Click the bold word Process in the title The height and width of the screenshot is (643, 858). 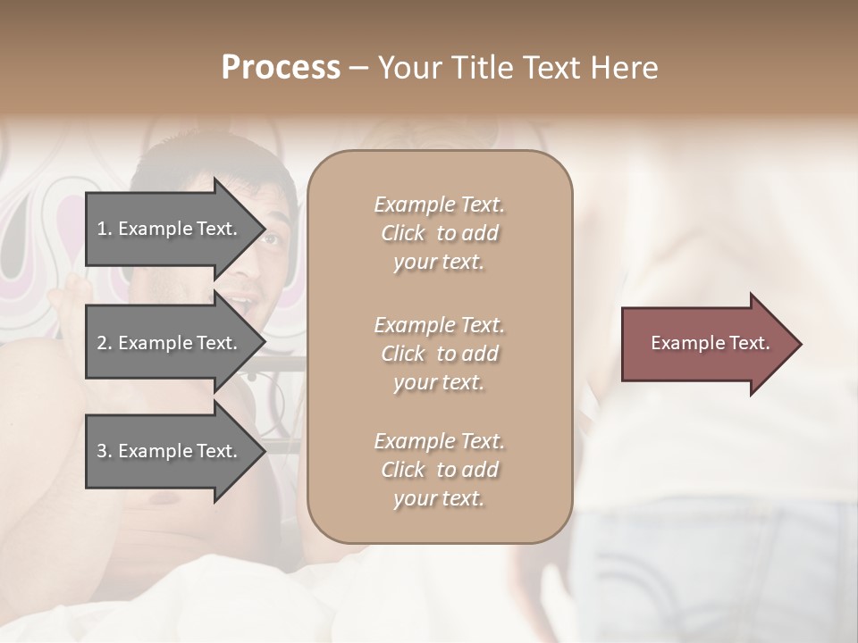tap(281, 68)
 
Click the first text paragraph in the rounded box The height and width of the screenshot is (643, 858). tap(439, 233)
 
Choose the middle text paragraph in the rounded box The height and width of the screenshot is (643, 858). tap(439, 353)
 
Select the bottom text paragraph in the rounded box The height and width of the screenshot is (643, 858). tap(439, 469)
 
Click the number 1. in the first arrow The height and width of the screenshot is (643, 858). tap(105, 229)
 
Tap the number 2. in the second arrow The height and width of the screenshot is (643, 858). tap(105, 343)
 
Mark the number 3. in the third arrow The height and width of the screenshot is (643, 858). tap(105, 451)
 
